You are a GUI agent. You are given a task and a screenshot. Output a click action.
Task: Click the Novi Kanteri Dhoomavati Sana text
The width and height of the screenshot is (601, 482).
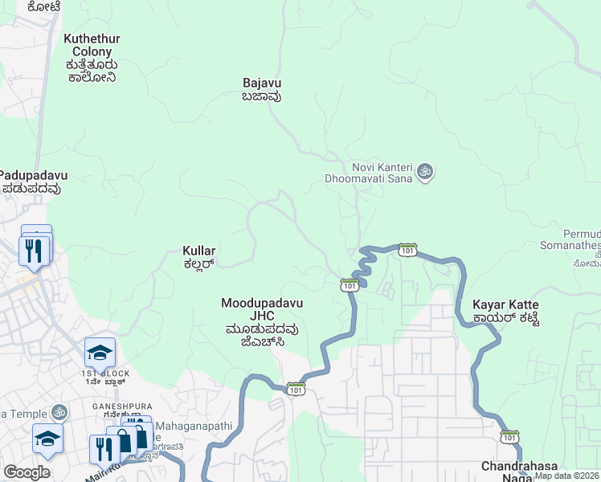point(367,171)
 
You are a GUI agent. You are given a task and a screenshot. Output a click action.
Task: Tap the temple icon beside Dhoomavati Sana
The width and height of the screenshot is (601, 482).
point(425,171)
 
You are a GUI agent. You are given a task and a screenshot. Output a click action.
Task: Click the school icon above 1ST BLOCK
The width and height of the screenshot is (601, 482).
point(100,352)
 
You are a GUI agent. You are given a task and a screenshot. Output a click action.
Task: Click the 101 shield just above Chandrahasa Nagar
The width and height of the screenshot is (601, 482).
point(509,436)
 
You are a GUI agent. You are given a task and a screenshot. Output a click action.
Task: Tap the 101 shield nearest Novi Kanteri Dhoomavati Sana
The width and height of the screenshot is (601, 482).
point(407,250)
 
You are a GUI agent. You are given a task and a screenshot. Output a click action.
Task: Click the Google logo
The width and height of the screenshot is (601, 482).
point(27,472)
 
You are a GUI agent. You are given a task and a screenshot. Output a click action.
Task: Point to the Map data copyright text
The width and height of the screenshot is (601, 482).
point(567,476)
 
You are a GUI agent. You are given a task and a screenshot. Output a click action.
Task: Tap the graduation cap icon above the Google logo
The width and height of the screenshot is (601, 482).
point(47,439)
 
